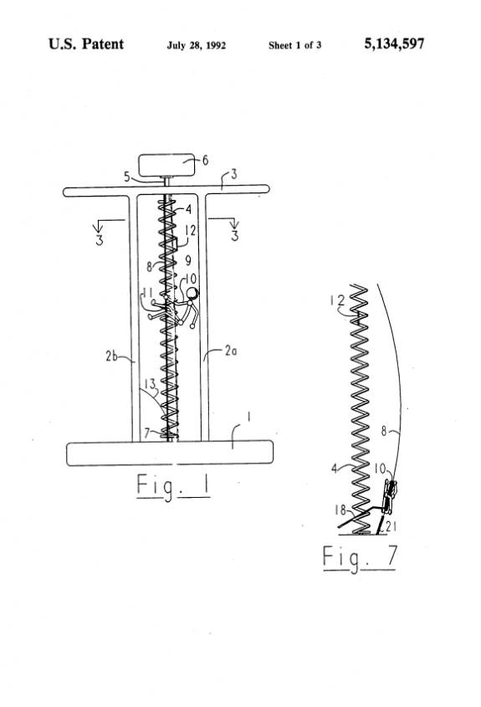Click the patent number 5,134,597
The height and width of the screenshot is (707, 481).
pos(394,44)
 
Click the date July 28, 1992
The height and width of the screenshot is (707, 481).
pos(196,45)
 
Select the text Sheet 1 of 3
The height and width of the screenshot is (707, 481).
pos(294,45)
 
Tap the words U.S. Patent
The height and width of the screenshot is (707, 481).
pos(85,44)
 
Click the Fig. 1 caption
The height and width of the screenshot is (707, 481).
pos(173,486)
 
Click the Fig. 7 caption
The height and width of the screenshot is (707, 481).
pos(360,558)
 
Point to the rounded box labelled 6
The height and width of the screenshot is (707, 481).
pos(166,166)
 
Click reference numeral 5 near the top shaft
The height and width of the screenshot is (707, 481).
pos(127,177)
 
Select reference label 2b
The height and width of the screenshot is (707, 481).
pos(111,356)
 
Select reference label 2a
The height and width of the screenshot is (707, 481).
pos(230,351)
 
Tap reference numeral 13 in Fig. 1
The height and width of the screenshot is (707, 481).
pos(150,384)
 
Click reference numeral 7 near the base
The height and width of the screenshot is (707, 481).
pos(147,433)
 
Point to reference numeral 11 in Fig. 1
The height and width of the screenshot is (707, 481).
pos(147,294)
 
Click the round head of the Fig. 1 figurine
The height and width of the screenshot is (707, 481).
pos(192,294)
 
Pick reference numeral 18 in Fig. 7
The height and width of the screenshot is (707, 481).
pos(340,510)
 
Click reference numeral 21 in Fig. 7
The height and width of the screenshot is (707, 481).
pos(391,525)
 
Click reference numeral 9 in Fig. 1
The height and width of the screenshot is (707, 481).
pos(188,260)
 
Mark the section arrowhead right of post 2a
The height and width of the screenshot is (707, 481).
pos(233,224)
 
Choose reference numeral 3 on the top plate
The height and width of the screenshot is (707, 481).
pos(233,174)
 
